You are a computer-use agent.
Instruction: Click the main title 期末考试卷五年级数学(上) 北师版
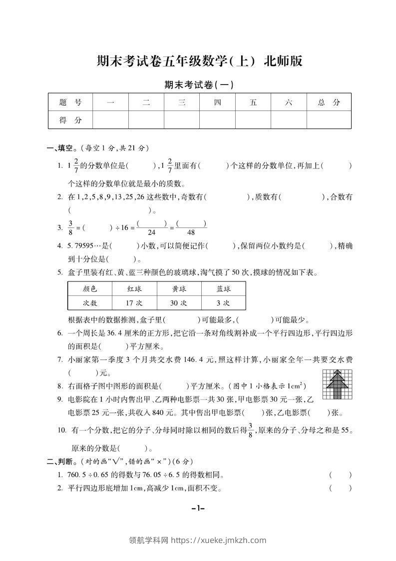click(x=199, y=62)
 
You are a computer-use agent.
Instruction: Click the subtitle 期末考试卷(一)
click(x=199, y=85)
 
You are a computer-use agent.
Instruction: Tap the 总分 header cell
click(x=329, y=102)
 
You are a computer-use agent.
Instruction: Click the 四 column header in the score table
click(x=217, y=102)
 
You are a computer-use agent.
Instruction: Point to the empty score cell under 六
click(x=289, y=120)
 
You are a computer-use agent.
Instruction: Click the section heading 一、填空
click(x=59, y=148)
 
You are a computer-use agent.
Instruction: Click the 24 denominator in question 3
click(x=152, y=232)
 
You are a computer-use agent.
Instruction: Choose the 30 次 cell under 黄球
click(x=178, y=303)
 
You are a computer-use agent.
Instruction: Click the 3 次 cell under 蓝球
click(x=223, y=303)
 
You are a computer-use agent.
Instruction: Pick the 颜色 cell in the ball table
click(x=90, y=289)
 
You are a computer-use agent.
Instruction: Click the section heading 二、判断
click(x=59, y=461)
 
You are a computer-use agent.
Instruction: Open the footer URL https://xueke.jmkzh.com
click(x=218, y=540)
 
